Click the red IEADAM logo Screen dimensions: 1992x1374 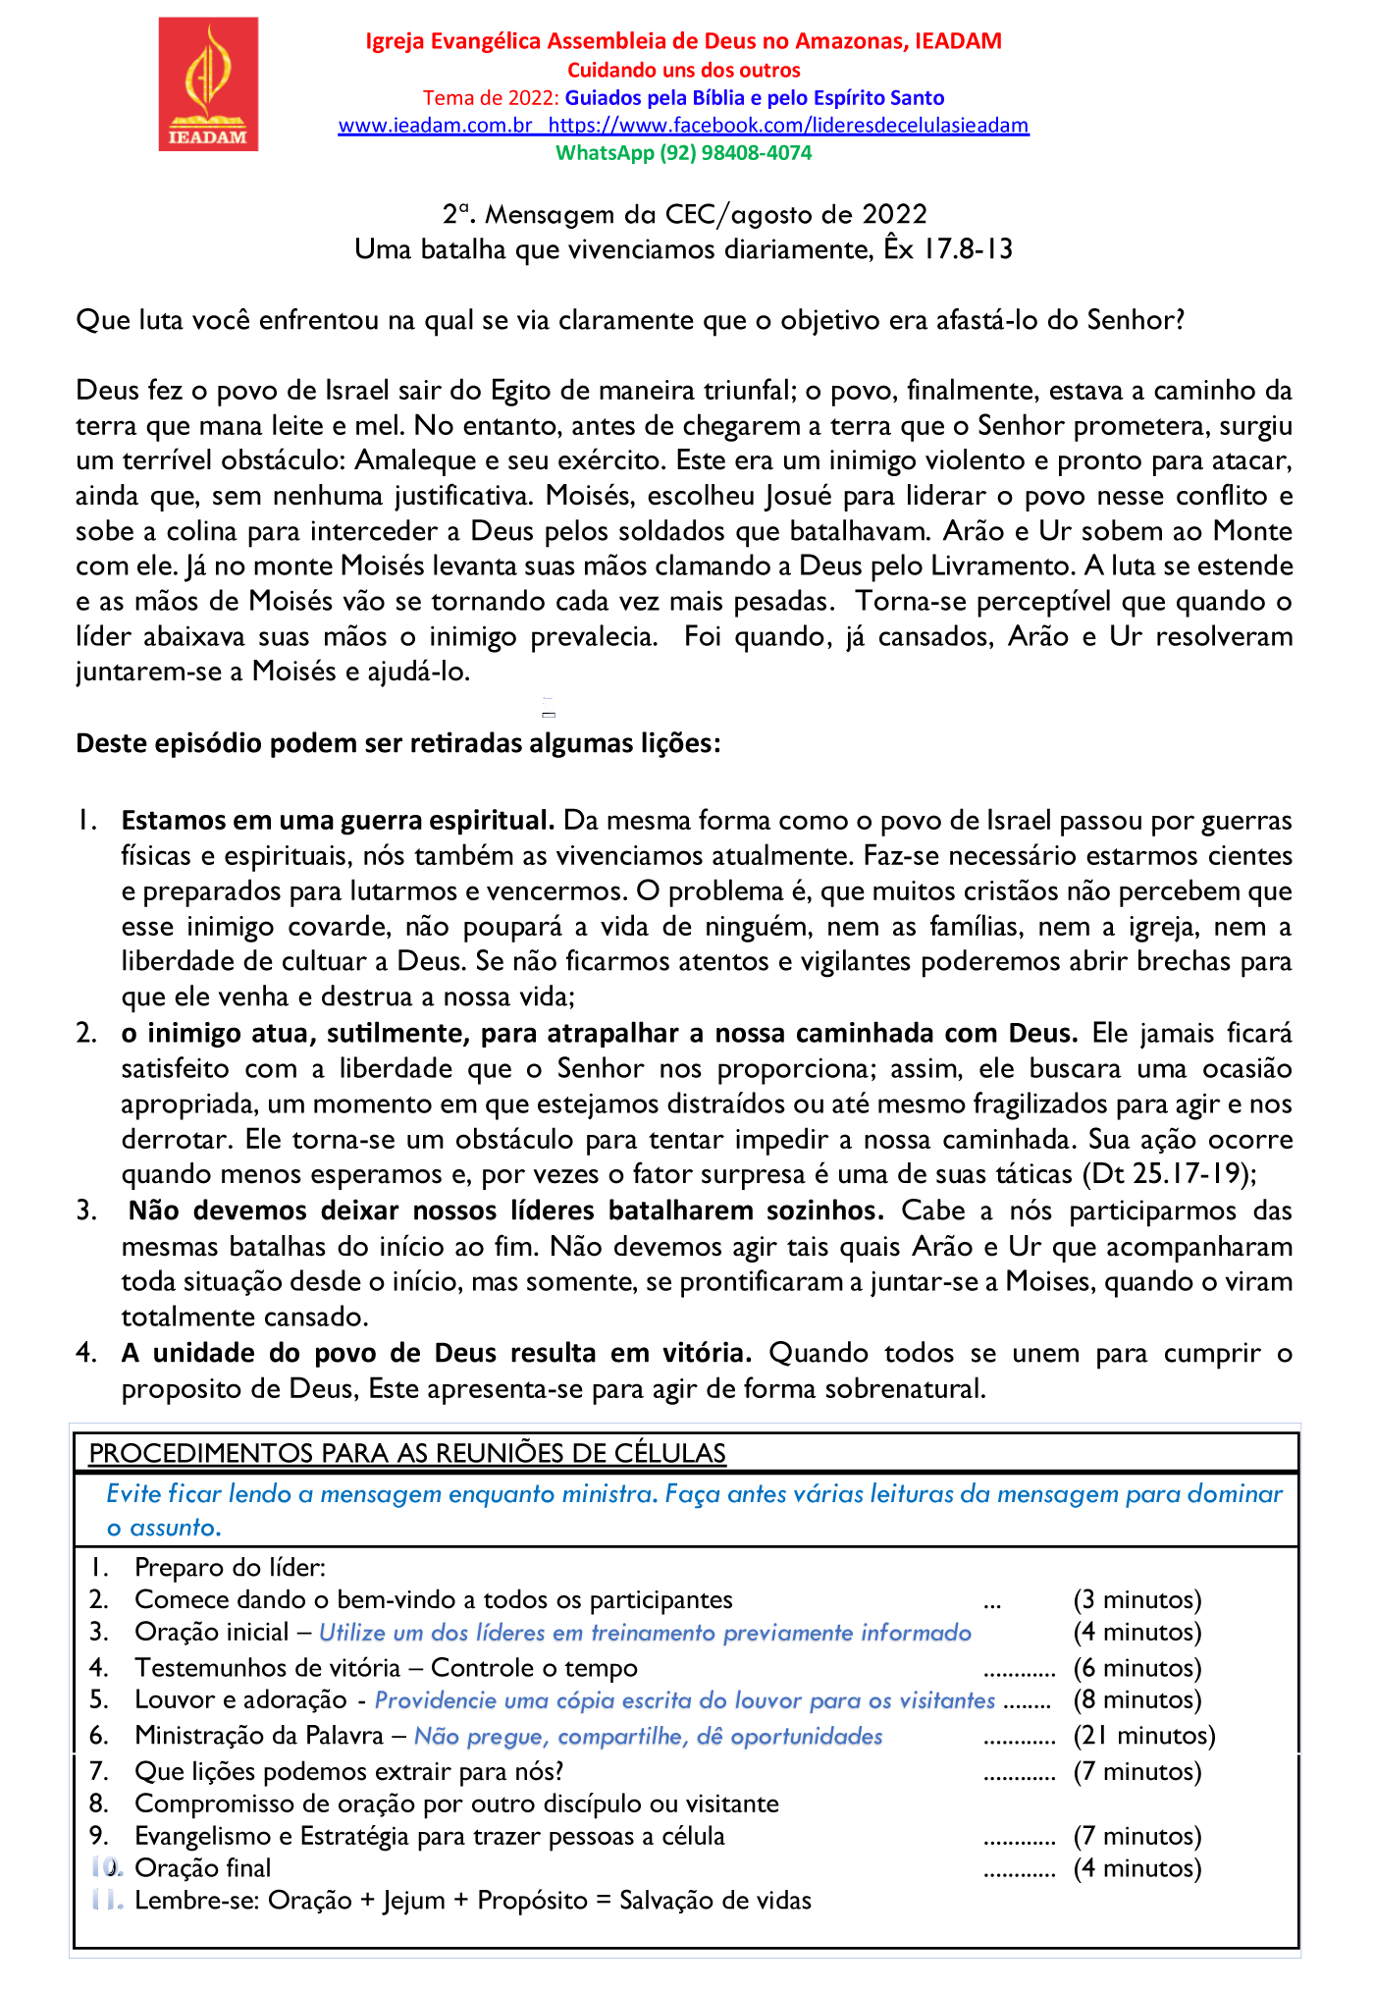208,84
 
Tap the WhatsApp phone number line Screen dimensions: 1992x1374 683,153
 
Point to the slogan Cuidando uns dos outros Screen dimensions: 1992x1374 683,71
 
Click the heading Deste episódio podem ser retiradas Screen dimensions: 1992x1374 397,743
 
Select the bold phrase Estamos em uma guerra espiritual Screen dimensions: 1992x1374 338,820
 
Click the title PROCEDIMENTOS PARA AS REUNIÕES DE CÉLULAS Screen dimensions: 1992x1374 407,1454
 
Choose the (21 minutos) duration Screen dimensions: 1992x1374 1143,1736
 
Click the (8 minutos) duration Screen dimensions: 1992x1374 1136,1699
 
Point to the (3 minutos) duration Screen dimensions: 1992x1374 1136,1599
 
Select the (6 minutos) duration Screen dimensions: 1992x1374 1136,1667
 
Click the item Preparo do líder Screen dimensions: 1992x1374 230,1567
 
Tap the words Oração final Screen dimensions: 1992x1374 202,1867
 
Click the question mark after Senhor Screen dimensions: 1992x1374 1180,321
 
